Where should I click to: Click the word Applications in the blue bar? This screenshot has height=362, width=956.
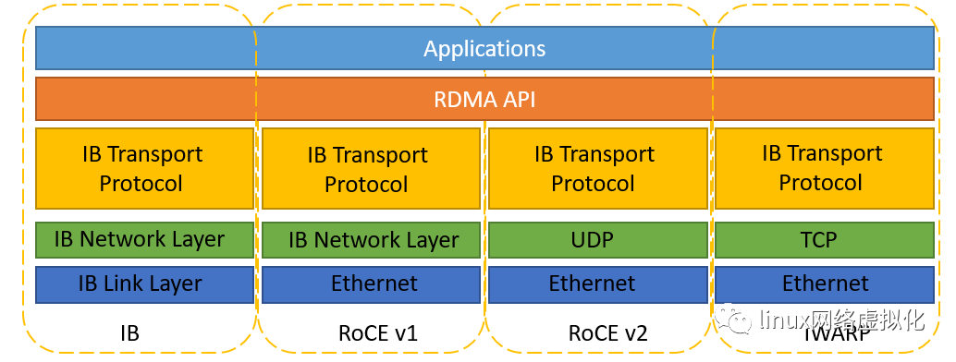[x=484, y=49]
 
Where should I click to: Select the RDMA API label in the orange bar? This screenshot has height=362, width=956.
[x=484, y=99]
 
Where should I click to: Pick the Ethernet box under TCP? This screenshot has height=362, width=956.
[x=824, y=284]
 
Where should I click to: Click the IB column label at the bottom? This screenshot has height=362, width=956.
[x=129, y=333]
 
